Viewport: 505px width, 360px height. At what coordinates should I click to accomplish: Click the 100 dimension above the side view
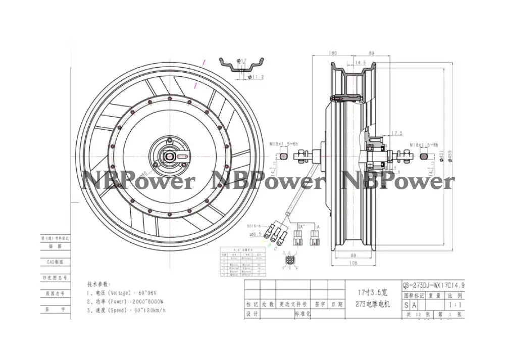[333, 53]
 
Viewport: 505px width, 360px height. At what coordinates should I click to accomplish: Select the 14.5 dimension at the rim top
[361, 63]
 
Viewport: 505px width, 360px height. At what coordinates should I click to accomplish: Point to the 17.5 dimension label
[396, 133]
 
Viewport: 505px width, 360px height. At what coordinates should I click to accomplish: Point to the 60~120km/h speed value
[147, 311]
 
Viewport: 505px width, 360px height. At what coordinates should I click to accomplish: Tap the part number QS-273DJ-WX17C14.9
[433, 284]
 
